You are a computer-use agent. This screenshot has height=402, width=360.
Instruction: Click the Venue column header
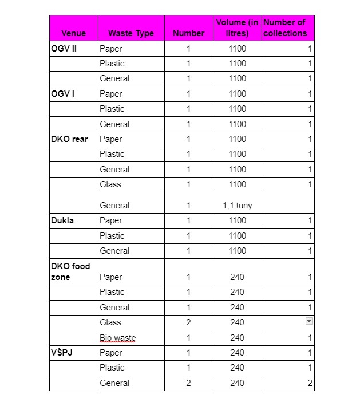pyautogui.click(x=73, y=33)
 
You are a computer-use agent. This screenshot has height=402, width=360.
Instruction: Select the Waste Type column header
pyautogui.click(x=131, y=33)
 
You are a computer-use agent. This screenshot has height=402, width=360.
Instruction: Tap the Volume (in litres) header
pyautogui.click(x=237, y=27)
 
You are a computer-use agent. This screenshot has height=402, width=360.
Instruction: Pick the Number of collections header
pyautogui.click(x=285, y=27)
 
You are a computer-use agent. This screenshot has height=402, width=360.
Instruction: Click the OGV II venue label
pyautogui.click(x=64, y=49)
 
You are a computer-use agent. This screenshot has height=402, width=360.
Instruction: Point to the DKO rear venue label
pyautogui.click(x=69, y=139)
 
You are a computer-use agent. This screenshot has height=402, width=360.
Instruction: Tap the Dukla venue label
pyautogui.click(x=62, y=220)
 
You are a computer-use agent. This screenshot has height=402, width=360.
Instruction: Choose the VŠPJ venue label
pyautogui.click(x=62, y=353)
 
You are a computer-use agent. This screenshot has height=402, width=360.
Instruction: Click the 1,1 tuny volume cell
pyautogui.click(x=237, y=206)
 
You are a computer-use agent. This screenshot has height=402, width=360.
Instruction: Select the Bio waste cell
pyautogui.click(x=117, y=338)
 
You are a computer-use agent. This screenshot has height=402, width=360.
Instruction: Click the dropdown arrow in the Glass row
pyautogui.click(x=310, y=322)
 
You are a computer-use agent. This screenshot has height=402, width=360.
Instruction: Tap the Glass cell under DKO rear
pyautogui.click(x=110, y=184)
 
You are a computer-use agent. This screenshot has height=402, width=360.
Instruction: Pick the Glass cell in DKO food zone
pyautogui.click(x=110, y=322)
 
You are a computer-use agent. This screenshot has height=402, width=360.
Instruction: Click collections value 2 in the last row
pyautogui.click(x=310, y=383)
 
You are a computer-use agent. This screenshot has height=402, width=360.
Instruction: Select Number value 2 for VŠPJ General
pyautogui.click(x=188, y=383)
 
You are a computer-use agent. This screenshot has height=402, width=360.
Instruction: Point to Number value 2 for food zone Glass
pyautogui.click(x=188, y=322)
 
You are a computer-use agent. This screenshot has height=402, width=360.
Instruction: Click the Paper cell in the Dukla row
pyautogui.click(x=111, y=220)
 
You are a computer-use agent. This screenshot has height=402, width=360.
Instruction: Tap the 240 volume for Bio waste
pyautogui.click(x=237, y=338)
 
